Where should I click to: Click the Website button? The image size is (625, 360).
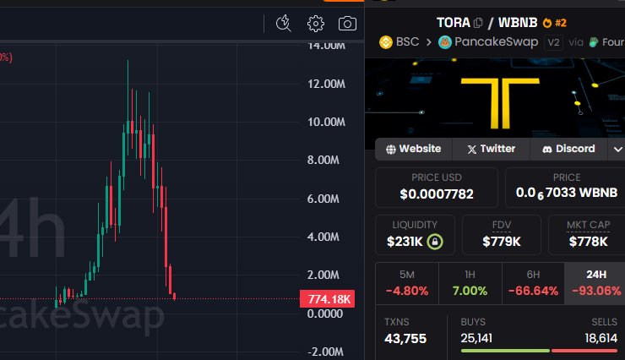click(413, 149)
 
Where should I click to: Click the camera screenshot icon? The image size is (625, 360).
click(346, 24)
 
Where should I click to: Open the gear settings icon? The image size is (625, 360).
click(316, 24)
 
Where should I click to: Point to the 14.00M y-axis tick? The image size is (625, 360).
click(325, 46)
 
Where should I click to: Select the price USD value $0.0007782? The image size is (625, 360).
click(436, 194)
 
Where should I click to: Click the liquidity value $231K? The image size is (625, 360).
click(404, 242)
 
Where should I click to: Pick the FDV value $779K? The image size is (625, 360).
click(501, 242)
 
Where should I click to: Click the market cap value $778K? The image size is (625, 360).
click(588, 242)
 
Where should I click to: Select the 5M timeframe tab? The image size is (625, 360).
click(406, 283)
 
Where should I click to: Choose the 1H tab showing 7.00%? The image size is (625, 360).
click(470, 283)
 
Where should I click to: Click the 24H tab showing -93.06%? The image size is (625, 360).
click(597, 283)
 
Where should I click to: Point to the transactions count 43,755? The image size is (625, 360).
click(405, 339)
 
